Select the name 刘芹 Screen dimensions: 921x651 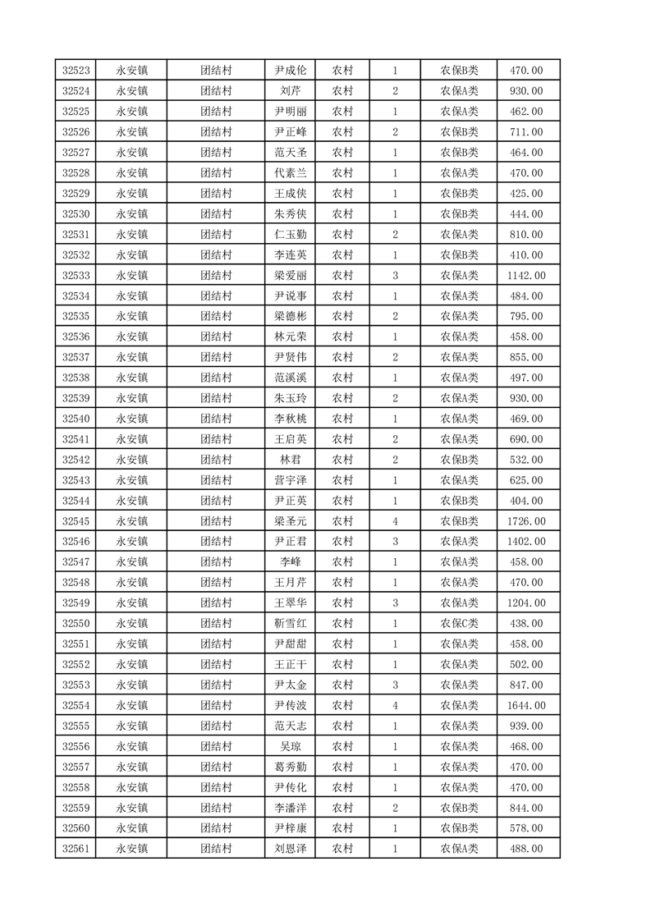pyautogui.click(x=290, y=91)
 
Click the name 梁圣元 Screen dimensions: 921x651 pyautogui.click(x=290, y=521)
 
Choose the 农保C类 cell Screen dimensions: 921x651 pyautogui.click(x=459, y=624)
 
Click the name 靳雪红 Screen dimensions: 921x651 pyautogui.click(x=290, y=624)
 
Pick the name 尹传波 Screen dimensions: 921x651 pyautogui.click(x=290, y=705)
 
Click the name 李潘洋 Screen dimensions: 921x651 pyautogui.click(x=290, y=808)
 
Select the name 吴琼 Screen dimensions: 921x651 pyautogui.click(x=290, y=746)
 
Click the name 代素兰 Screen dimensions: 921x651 pyautogui.click(x=290, y=173)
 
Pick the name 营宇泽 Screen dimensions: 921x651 pyautogui.click(x=290, y=480)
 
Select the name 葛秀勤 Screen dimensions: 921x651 pyautogui.click(x=290, y=767)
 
